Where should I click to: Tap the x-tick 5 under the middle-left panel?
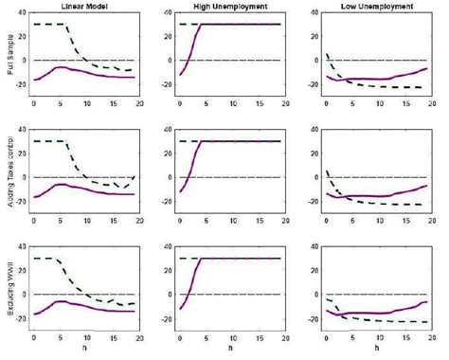click(x=60, y=223)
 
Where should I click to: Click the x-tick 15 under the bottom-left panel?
click(x=113, y=339)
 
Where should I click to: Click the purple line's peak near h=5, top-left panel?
click(x=59, y=67)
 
